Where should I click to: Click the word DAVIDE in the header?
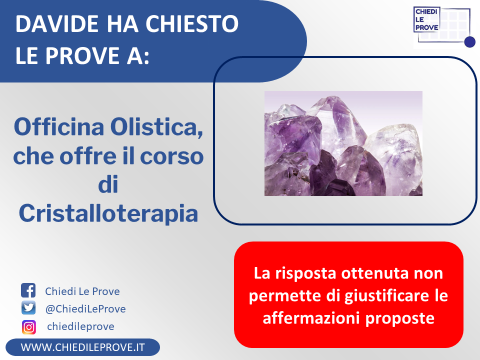point(57,23)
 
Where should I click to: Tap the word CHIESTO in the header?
point(192,23)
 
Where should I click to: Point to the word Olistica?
point(156,127)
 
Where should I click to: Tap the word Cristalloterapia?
point(108,213)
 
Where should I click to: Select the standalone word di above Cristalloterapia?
point(108,184)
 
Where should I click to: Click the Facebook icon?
point(28,290)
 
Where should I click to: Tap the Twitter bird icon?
point(28,307)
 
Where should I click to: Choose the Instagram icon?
point(29,327)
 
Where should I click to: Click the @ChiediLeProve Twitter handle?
point(85,309)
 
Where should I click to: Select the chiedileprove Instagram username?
point(81,326)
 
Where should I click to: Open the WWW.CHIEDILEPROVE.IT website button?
point(82,347)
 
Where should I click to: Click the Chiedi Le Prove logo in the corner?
point(444,27)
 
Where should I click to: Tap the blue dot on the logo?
point(469,42)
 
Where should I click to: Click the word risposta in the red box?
point(305,273)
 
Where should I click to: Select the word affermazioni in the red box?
point(311,318)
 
